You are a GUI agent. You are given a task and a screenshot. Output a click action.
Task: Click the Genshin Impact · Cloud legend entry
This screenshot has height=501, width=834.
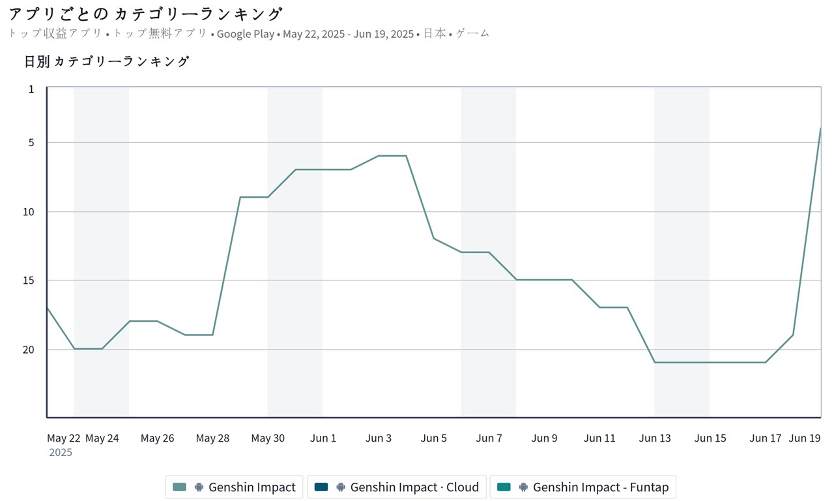click(x=396, y=487)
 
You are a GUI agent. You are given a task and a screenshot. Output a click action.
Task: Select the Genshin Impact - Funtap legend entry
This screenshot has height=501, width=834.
click(x=582, y=487)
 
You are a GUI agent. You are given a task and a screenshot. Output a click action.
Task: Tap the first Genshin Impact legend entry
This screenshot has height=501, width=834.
click(x=235, y=487)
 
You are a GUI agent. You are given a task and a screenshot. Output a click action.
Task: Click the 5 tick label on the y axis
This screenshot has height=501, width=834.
click(x=31, y=142)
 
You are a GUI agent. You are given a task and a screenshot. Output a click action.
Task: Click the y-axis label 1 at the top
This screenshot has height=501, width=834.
click(x=31, y=88)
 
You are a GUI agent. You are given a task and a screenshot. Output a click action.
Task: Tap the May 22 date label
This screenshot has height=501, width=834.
click(x=63, y=438)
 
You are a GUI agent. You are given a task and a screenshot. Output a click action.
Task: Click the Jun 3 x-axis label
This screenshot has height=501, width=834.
click(x=379, y=438)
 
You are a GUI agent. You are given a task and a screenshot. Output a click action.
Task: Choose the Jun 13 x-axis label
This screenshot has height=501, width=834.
click(x=655, y=438)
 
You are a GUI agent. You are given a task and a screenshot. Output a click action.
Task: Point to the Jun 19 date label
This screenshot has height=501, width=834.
click(x=804, y=438)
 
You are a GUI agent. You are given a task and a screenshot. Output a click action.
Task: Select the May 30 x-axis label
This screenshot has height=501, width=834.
click(x=268, y=438)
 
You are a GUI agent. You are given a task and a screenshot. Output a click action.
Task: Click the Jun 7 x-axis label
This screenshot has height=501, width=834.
click(x=489, y=438)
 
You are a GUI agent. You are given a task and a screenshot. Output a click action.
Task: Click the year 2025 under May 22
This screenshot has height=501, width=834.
click(x=61, y=452)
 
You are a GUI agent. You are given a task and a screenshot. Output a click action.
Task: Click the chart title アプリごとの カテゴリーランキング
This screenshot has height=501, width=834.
click(x=146, y=14)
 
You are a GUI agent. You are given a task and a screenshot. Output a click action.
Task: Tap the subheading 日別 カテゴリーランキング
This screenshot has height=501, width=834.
click(x=107, y=61)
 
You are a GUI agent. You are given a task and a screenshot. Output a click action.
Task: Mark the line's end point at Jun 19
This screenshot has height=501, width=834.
click(x=820, y=129)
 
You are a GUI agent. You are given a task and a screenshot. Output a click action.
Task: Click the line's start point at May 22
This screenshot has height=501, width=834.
click(x=47, y=307)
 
